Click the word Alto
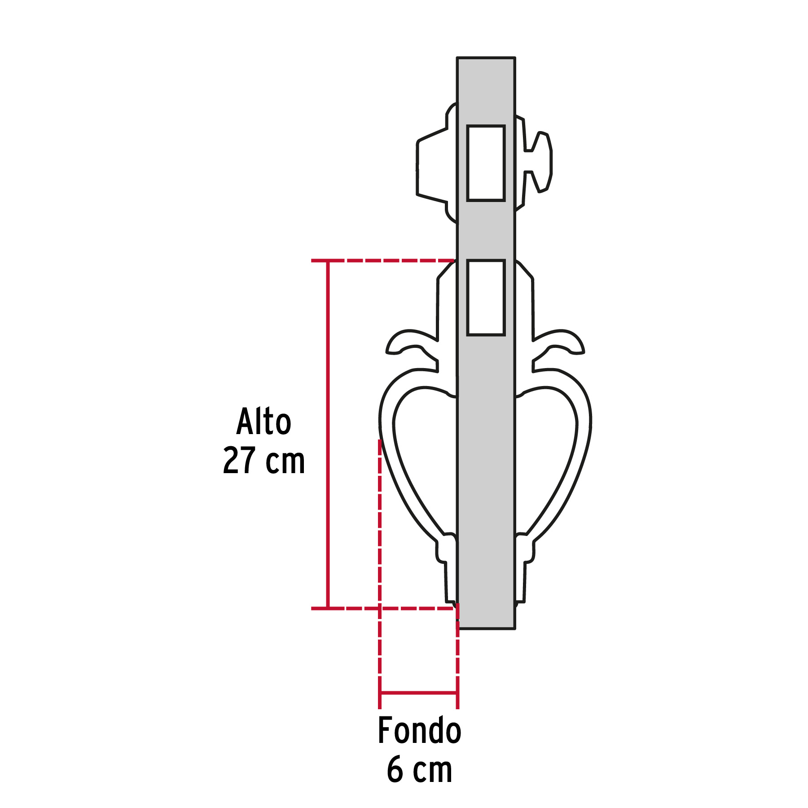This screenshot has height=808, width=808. pos(264,422)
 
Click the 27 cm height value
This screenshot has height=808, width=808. pos(264,461)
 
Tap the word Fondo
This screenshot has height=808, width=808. pos(419,730)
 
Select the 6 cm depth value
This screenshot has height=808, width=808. pos(419,770)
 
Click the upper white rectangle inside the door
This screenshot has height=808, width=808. pos(486,163)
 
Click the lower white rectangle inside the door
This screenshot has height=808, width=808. pos(486,297)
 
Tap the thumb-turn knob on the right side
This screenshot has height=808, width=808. pos(539,162)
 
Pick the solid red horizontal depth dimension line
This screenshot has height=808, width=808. pos(418,693)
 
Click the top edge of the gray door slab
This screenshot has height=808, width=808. pos(486,58)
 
